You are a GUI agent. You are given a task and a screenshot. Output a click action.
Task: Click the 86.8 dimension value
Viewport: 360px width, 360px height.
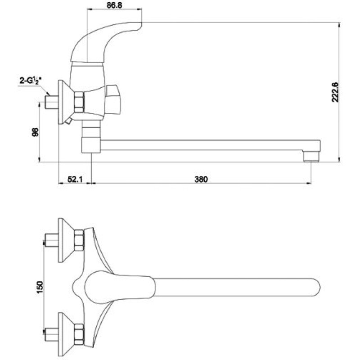[x=114, y=5]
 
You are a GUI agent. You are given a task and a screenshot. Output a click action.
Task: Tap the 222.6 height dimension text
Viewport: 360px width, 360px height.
[x=335, y=92]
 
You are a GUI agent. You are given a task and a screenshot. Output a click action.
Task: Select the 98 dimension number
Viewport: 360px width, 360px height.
[x=36, y=132]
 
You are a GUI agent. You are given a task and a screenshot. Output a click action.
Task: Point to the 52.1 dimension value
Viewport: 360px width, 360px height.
[x=75, y=179]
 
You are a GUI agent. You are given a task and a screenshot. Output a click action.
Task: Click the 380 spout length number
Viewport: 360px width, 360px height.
[x=201, y=179]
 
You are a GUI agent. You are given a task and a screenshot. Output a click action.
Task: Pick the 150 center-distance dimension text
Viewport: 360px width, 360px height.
[x=40, y=287]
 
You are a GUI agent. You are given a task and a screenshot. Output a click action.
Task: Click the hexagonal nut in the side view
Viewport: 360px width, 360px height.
[x=79, y=102]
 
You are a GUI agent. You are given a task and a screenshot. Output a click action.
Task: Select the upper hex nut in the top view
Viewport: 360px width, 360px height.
[x=79, y=240]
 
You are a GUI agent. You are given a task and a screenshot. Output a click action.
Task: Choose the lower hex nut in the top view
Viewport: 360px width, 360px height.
[x=79, y=334]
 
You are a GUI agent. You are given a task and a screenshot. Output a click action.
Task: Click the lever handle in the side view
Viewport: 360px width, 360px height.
[x=106, y=41]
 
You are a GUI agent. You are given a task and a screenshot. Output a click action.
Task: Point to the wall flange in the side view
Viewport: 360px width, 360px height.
[x=64, y=102]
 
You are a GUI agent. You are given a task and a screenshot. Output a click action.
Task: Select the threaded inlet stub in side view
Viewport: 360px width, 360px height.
[x=52, y=102]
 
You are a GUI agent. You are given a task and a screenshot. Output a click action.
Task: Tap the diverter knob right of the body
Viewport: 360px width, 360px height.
[x=112, y=100]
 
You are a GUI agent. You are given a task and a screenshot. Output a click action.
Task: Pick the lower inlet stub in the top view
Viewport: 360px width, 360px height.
[x=52, y=334]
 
